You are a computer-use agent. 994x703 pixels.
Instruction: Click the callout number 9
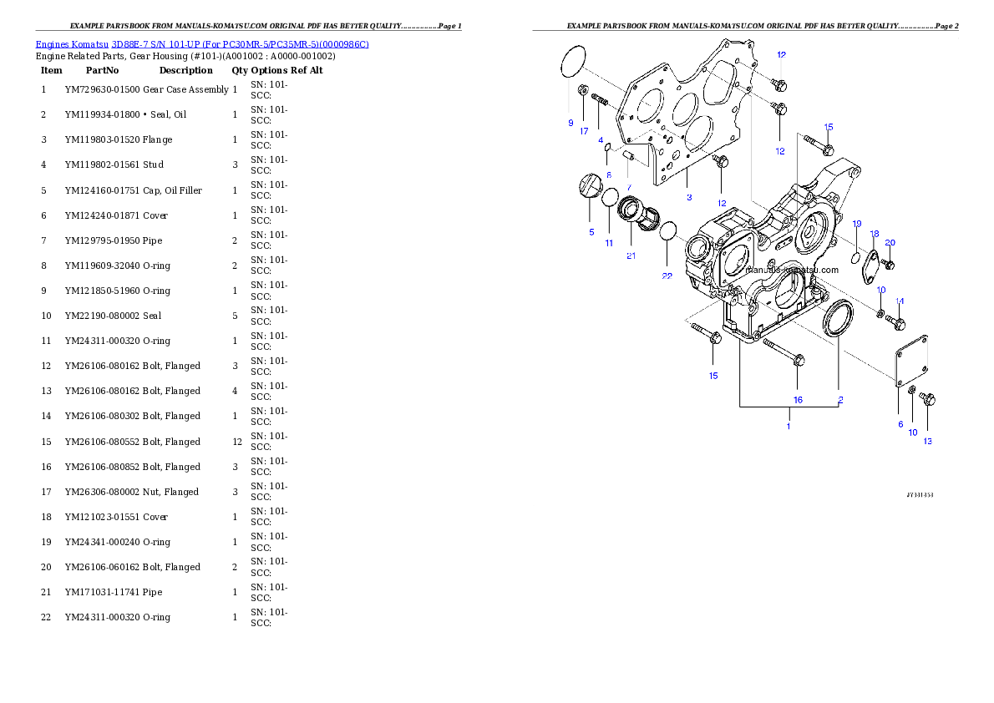[571, 123]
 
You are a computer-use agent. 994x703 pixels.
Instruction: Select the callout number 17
[585, 131]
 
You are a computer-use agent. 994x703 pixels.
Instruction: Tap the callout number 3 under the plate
[689, 198]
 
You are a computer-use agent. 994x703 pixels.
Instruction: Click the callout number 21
[631, 255]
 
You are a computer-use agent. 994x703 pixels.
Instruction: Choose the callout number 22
[667, 276]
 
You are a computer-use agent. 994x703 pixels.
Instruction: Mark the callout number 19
[857, 224]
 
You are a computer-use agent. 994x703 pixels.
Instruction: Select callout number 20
[890, 242]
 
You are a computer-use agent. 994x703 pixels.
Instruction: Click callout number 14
[900, 301]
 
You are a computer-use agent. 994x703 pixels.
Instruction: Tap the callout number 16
[798, 400]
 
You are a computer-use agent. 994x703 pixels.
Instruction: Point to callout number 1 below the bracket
[788, 426]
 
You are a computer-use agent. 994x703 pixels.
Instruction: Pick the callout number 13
[927, 441]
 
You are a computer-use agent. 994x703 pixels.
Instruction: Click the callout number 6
[900, 424]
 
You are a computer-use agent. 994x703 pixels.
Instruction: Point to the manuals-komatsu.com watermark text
[792, 270]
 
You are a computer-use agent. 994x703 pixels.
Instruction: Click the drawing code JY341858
[920, 494]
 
